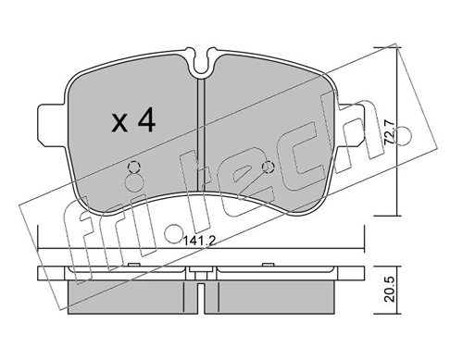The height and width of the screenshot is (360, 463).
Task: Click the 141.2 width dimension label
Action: pyautogui.click(x=199, y=241)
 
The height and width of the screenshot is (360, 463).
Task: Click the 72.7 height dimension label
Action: pyautogui.click(x=389, y=132)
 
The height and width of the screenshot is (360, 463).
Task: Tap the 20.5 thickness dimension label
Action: pyautogui.click(x=389, y=291)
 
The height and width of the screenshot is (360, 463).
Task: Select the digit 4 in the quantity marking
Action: pyautogui.click(x=145, y=121)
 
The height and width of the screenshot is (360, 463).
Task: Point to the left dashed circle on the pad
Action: pyautogui.click(x=133, y=168)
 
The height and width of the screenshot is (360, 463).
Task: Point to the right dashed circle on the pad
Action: pyautogui.click(x=268, y=168)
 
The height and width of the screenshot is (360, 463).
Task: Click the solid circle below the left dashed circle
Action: pyautogui.click(x=134, y=183)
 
